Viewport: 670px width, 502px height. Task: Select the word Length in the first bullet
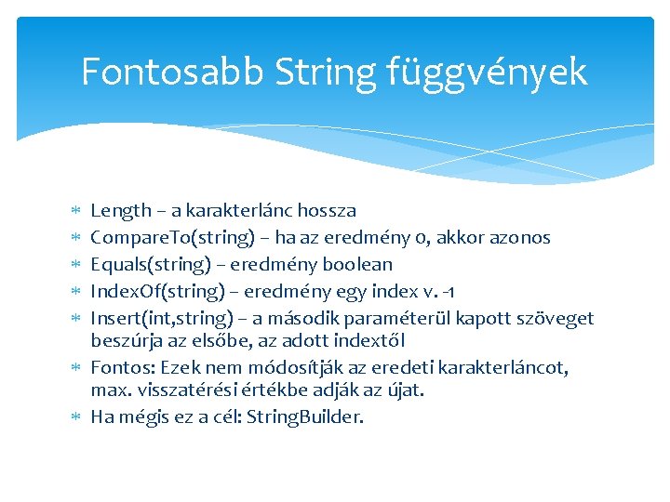(120, 211)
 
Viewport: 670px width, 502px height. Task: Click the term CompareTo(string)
(172, 238)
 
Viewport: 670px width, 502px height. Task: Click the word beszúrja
(127, 339)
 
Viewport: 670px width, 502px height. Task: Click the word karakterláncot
(519, 367)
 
